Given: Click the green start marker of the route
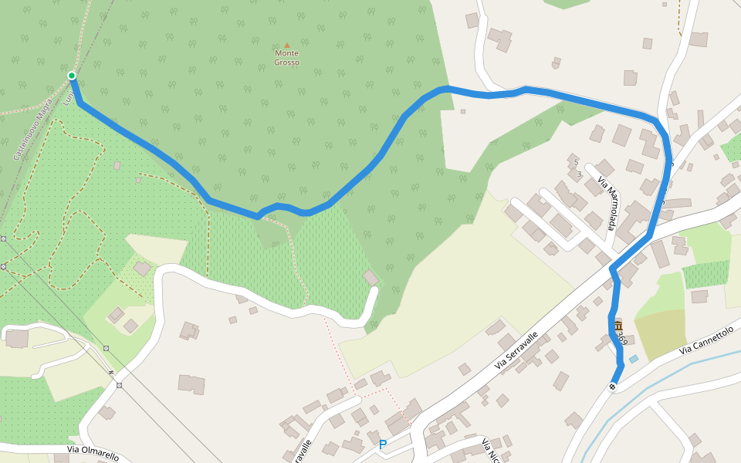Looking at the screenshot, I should (x=72, y=76).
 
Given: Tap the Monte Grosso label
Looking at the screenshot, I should (x=286, y=58).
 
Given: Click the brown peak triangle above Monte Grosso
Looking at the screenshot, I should (x=287, y=46).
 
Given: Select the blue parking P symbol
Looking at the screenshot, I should (x=382, y=445).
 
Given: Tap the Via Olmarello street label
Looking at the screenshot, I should (x=93, y=453).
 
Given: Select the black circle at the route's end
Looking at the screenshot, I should (x=612, y=387).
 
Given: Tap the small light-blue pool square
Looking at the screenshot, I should (x=634, y=359).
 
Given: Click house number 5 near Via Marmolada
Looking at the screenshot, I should (x=575, y=162).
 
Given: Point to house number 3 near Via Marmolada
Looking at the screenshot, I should (x=579, y=174).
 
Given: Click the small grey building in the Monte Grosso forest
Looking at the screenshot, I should (x=463, y=111).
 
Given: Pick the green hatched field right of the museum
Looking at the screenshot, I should (x=705, y=275).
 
